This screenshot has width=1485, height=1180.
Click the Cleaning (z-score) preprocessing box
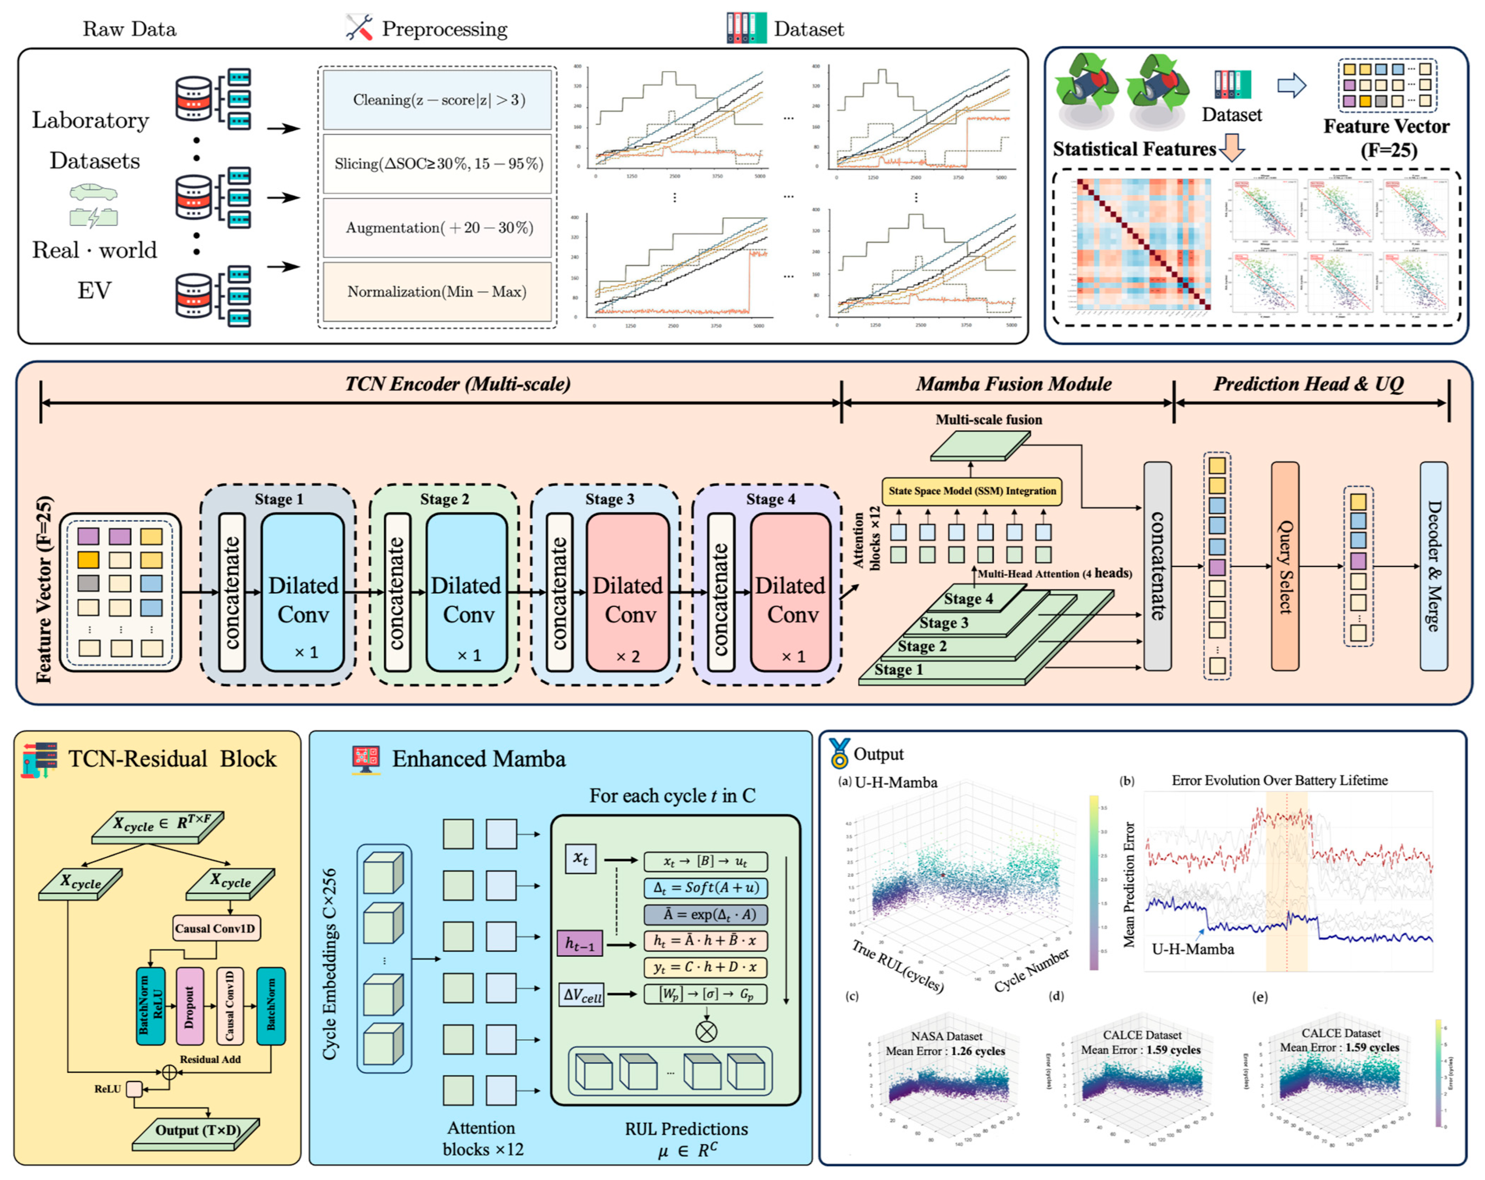click(x=438, y=100)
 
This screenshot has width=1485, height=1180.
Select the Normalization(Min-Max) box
click(x=438, y=291)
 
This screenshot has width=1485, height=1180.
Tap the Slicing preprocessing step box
click(x=438, y=164)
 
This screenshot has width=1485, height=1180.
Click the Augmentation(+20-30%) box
click(x=438, y=228)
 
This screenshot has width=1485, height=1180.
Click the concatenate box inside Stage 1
click(x=232, y=592)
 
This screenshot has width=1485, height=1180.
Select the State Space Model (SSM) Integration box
click(x=971, y=491)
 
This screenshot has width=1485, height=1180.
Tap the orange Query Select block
click(x=1285, y=566)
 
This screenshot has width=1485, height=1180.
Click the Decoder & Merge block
click(x=1433, y=566)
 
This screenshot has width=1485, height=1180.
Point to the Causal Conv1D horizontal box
click(x=215, y=928)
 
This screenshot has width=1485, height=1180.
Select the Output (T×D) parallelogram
click(x=196, y=1130)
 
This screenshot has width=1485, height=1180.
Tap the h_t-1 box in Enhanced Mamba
click(x=579, y=944)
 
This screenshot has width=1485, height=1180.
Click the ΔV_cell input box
click(x=582, y=995)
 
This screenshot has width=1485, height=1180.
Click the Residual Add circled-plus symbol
click(x=169, y=1072)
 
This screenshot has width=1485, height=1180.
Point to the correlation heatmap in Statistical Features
click(x=1143, y=245)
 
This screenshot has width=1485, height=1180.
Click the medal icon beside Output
click(x=839, y=753)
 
